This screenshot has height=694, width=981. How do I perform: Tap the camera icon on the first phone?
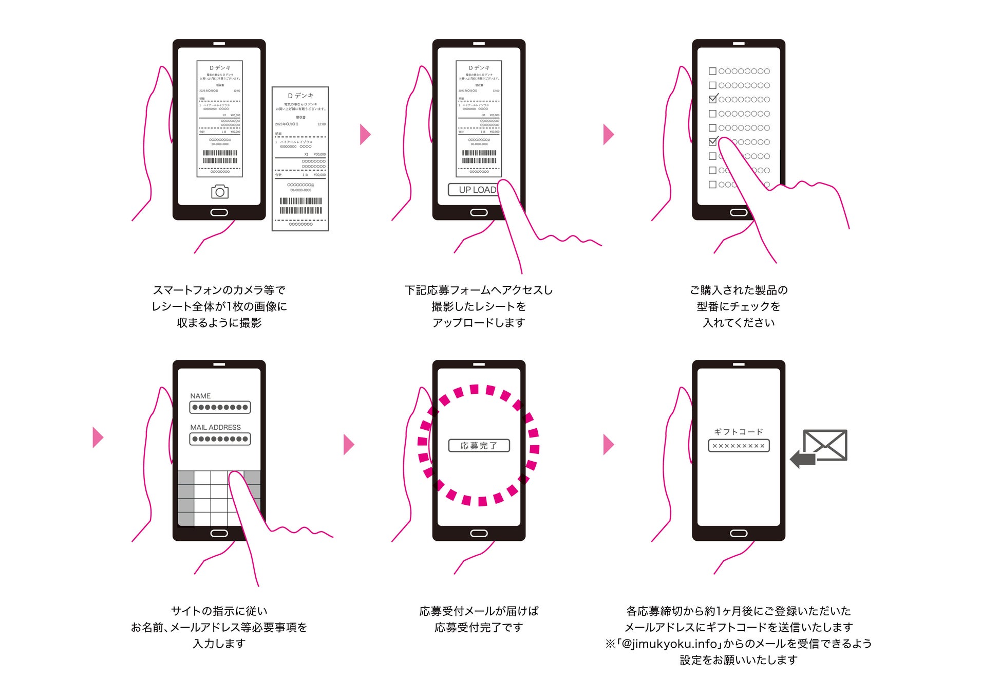[x=220, y=192]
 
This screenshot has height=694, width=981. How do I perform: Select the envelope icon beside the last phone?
[x=825, y=445]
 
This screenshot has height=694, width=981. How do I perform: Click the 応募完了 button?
[x=479, y=446]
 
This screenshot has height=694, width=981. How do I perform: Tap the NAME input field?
[x=220, y=408]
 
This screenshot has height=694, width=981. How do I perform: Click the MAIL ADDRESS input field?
[x=220, y=439]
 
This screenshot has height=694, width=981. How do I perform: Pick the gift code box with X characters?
[x=739, y=446]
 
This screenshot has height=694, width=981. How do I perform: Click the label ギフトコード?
[x=739, y=432]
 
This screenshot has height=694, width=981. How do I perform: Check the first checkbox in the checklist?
[x=712, y=71]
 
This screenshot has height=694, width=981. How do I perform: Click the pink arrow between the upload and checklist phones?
[x=609, y=135]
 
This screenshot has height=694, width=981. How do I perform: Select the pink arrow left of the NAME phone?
[x=98, y=437]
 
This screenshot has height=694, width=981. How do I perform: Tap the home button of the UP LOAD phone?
[x=479, y=213]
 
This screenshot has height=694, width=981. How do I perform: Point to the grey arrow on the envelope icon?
[x=803, y=459]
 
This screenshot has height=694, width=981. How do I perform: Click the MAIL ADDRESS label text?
[x=215, y=427]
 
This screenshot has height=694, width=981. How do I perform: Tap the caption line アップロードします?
[x=479, y=323]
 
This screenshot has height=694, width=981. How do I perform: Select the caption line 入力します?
[x=219, y=644]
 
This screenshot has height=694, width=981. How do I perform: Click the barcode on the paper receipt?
[x=301, y=206]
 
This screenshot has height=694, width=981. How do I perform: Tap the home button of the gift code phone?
[x=739, y=534]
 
